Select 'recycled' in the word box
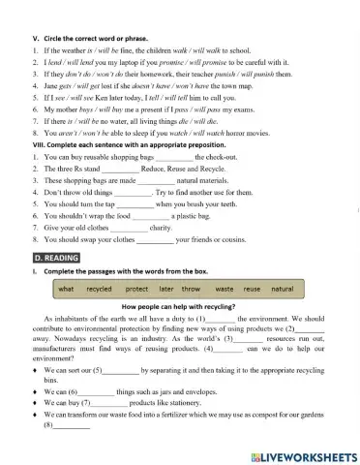[99, 289]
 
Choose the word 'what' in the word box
[66, 289]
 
